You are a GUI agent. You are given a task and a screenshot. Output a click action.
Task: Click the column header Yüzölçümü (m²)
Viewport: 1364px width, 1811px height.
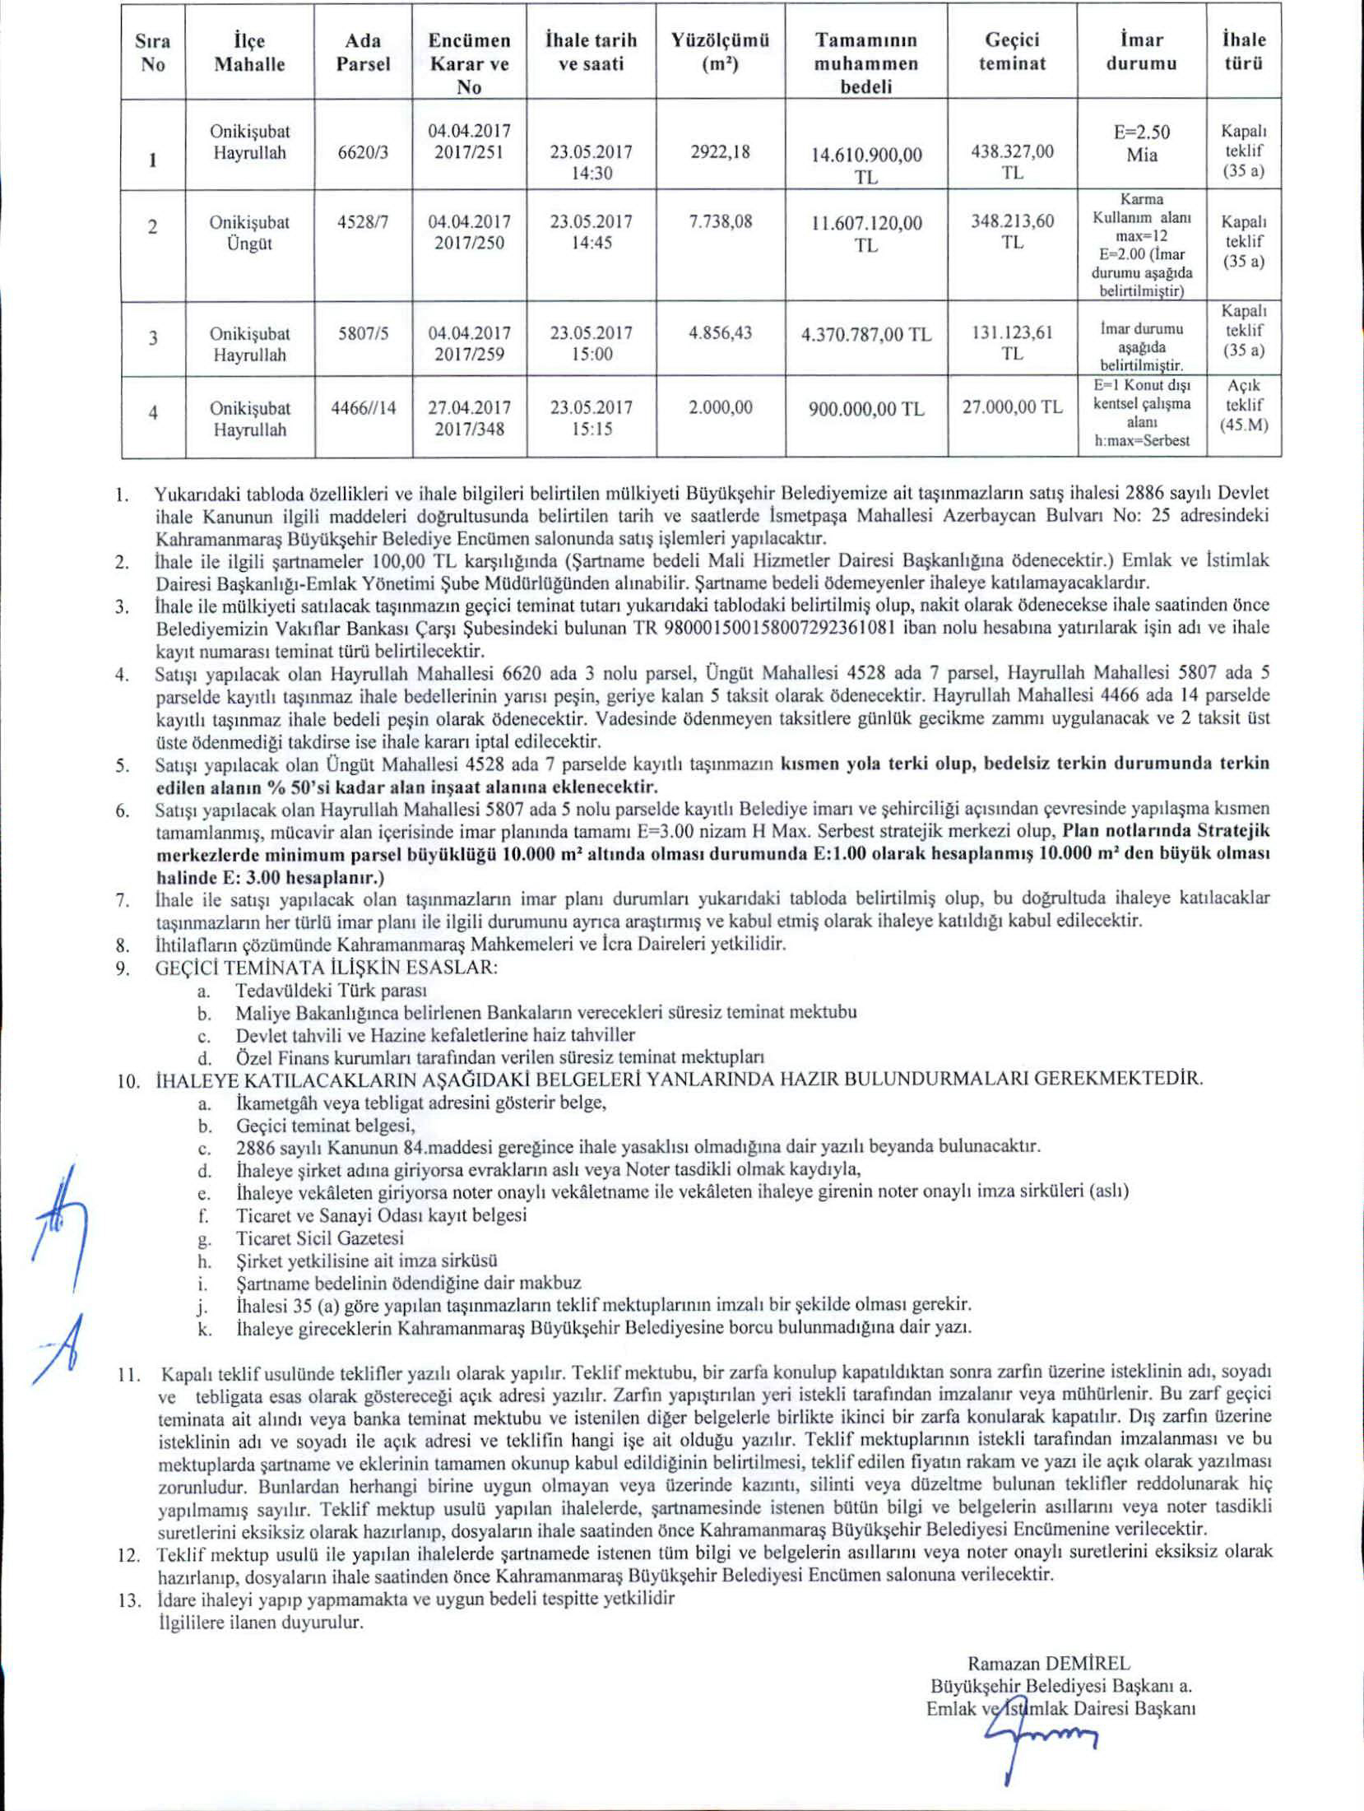(721, 52)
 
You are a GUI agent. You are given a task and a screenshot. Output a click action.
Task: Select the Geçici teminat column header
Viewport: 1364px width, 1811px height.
(1012, 52)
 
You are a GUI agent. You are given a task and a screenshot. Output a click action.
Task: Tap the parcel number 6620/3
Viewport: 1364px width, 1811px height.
(364, 153)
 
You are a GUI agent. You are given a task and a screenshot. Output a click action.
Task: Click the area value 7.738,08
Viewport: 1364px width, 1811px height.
(721, 222)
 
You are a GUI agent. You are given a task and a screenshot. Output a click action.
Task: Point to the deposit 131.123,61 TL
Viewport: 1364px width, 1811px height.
(1013, 344)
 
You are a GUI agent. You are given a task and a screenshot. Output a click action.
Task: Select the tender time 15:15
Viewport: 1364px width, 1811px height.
(592, 429)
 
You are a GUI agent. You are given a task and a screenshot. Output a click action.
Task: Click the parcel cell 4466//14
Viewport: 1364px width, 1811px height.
(363, 408)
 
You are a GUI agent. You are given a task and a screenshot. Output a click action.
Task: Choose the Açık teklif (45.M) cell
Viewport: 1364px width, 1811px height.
(1244, 406)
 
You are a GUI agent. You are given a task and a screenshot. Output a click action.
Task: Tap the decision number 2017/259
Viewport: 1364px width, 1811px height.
(469, 355)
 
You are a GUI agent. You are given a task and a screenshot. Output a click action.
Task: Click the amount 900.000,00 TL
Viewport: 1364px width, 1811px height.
(865, 409)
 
